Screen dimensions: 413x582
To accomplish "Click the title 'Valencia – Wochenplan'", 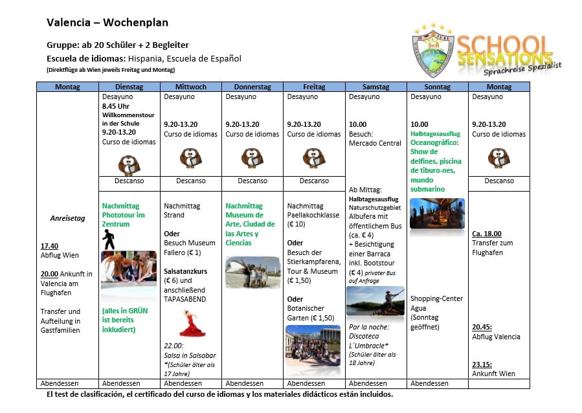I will tap(107, 23).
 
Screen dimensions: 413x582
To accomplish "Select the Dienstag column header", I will tap(129, 87).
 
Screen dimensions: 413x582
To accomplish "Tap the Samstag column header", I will tap(375, 87).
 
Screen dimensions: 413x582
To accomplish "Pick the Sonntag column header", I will tap(437, 87).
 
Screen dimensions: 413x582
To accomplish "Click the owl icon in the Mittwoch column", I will tap(190, 157).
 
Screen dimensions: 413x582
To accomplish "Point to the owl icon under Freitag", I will tap(314, 157).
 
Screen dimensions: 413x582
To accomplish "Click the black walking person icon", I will tap(109, 240).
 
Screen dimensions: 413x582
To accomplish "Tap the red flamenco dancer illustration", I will tap(191, 323).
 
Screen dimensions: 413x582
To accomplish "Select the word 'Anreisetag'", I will tap(67, 218).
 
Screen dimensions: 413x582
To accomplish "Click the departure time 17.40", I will tap(49, 246).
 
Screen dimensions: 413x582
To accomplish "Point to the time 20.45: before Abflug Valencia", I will tap(482, 328).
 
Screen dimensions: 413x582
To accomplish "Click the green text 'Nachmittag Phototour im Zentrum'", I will tap(123, 215).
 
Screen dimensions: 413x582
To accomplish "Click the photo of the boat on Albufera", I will tap(375, 300).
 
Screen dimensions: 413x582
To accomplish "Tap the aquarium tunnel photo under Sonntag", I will tap(437, 214).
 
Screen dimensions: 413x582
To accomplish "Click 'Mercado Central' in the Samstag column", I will tap(375, 143).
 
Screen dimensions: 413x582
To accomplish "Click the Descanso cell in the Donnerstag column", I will tap(252, 181).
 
